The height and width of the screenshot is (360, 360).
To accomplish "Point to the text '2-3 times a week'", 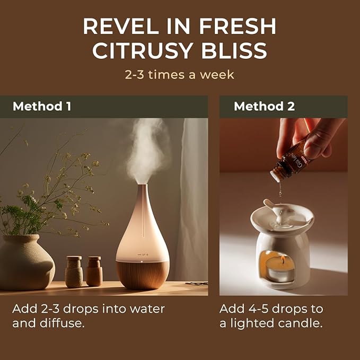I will [179, 74].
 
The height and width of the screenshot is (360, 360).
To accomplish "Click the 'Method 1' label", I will [41, 107].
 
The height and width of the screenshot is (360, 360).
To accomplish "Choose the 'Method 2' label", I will [264, 107].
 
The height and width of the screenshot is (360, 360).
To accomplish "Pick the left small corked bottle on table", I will [74, 271].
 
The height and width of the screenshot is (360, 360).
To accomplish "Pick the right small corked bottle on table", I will [94, 271].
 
